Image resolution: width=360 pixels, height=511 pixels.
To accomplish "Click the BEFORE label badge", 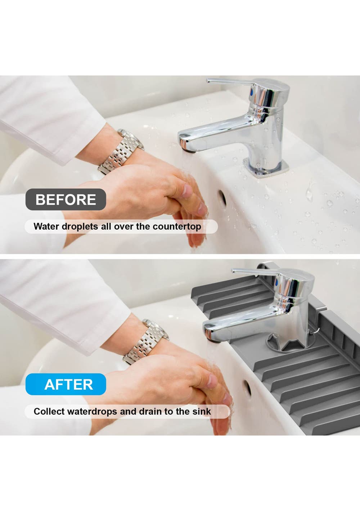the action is click(x=66, y=200).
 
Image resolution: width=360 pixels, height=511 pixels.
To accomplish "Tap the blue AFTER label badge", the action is click(x=66, y=384).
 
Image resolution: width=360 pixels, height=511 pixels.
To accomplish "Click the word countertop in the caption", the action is click(x=177, y=227).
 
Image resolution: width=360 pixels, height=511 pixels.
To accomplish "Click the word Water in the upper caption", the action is click(x=46, y=226).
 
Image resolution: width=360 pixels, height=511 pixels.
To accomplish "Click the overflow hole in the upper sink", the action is click(x=222, y=198).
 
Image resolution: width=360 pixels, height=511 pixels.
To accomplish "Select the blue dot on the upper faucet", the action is click(x=252, y=92).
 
